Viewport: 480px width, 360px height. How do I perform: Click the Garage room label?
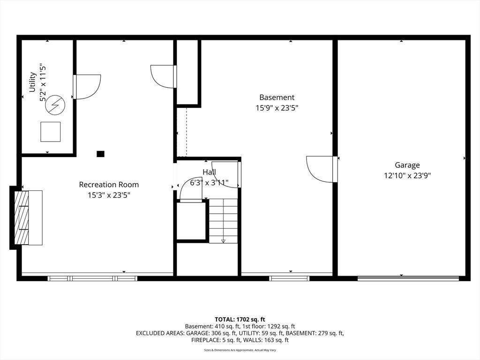point(407,165)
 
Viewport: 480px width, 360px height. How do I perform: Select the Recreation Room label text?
point(109,185)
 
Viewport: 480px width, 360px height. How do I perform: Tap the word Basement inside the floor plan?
point(277,97)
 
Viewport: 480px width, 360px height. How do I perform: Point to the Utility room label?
point(32,82)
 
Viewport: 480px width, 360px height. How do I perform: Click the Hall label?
point(210,172)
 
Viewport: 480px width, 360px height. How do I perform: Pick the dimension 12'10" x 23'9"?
point(407,176)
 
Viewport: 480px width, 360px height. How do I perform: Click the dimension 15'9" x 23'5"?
point(277,108)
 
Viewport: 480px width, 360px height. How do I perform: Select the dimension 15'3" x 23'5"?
point(109,195)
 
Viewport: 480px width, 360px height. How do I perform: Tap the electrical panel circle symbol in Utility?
point(55,105)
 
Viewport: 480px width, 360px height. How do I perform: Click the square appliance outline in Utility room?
point(51,132)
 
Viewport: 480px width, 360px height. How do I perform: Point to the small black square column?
point(100,154)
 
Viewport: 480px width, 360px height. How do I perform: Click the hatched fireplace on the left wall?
point(22,217)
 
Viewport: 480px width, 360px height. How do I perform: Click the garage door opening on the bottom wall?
point(408,278)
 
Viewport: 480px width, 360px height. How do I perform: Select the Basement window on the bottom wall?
point(289,278)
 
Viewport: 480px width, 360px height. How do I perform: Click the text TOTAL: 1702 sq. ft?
point(240,320)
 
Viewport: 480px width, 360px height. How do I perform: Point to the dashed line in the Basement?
point(187,132)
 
